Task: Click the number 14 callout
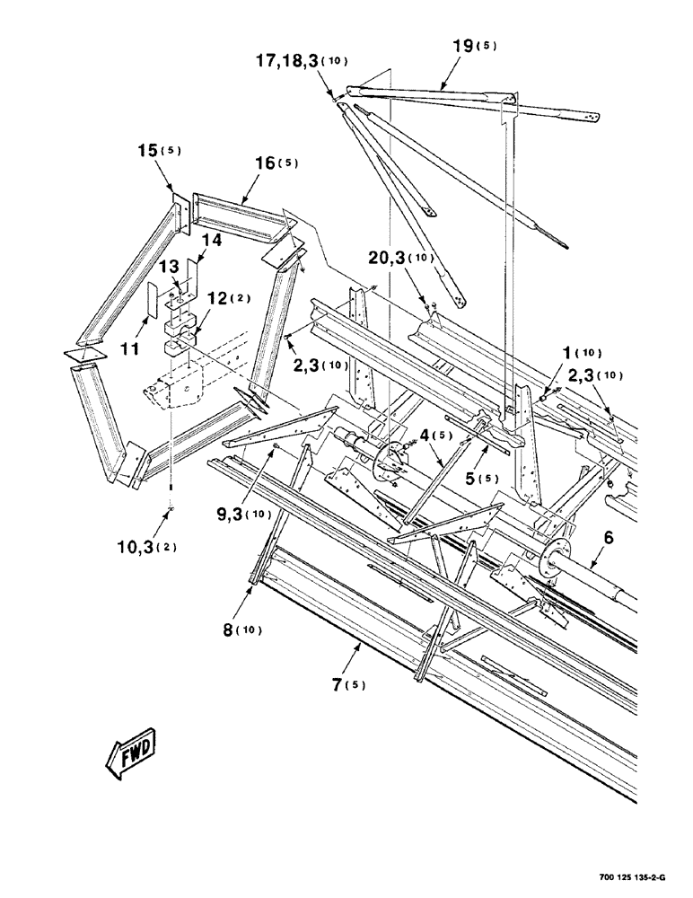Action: click(209, 240)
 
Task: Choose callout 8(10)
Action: click(240, 629)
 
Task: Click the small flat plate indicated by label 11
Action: click(152, 302)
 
